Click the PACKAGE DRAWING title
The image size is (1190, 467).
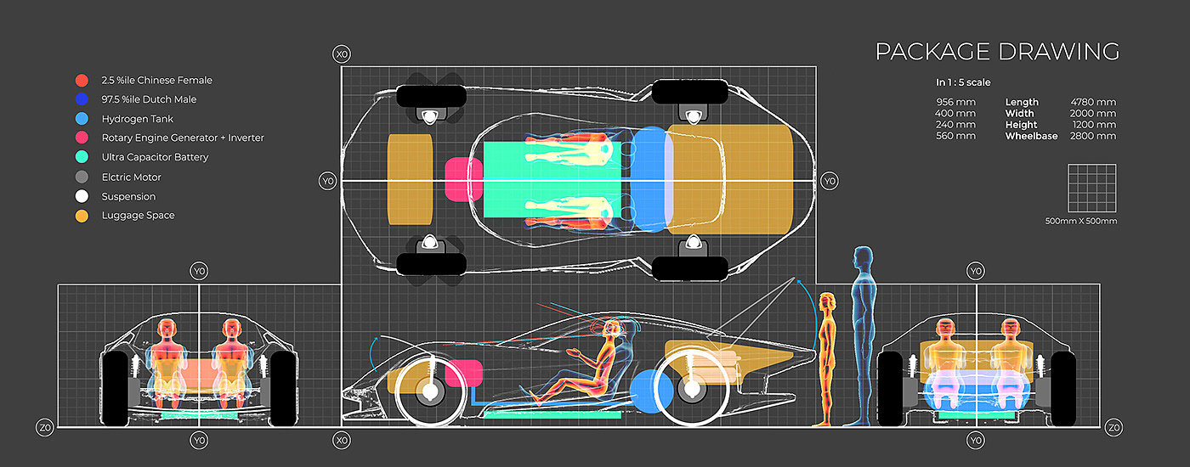(997, 52)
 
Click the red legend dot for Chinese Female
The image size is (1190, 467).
(82, 81)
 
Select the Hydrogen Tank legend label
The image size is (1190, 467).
(138, 119)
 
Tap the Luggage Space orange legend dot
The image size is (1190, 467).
(82, 216)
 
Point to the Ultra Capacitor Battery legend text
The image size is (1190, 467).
(155, 157)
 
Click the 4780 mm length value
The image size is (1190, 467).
(1093, 103)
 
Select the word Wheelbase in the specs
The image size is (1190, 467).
(1031, 136)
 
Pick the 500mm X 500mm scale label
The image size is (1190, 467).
(1081, 222)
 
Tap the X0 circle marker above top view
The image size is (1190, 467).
(342, 55)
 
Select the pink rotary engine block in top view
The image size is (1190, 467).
(463, 179)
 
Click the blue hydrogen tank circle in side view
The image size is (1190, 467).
(653, 391)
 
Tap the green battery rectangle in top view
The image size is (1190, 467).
(553, 178)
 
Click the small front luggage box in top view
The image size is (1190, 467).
(411, 179)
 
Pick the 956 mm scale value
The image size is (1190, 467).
(955, 103)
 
